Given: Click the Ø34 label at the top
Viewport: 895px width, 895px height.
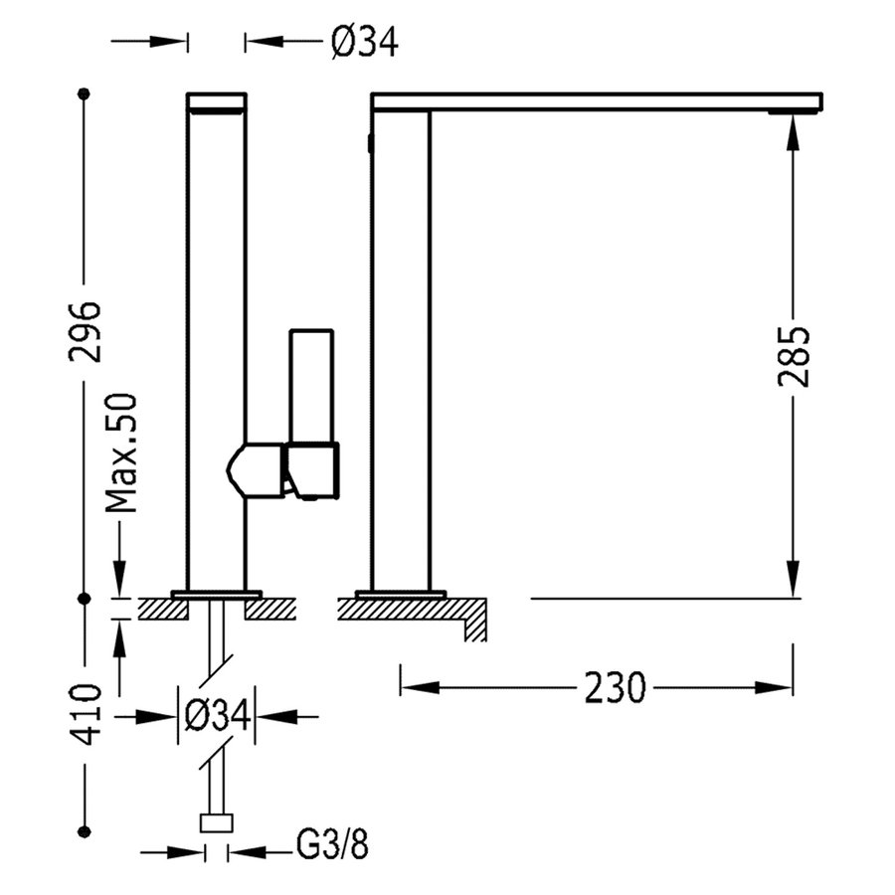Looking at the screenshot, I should point(364,42).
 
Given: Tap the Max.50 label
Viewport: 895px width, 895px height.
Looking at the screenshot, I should point(121,452).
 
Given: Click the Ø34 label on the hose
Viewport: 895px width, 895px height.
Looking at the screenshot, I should point(216,715).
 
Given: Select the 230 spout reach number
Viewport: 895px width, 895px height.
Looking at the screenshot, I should point(614,687).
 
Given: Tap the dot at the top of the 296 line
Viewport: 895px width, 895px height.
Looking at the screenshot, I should point(85,93).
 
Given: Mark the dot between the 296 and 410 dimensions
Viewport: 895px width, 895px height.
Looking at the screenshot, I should point(85,599).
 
